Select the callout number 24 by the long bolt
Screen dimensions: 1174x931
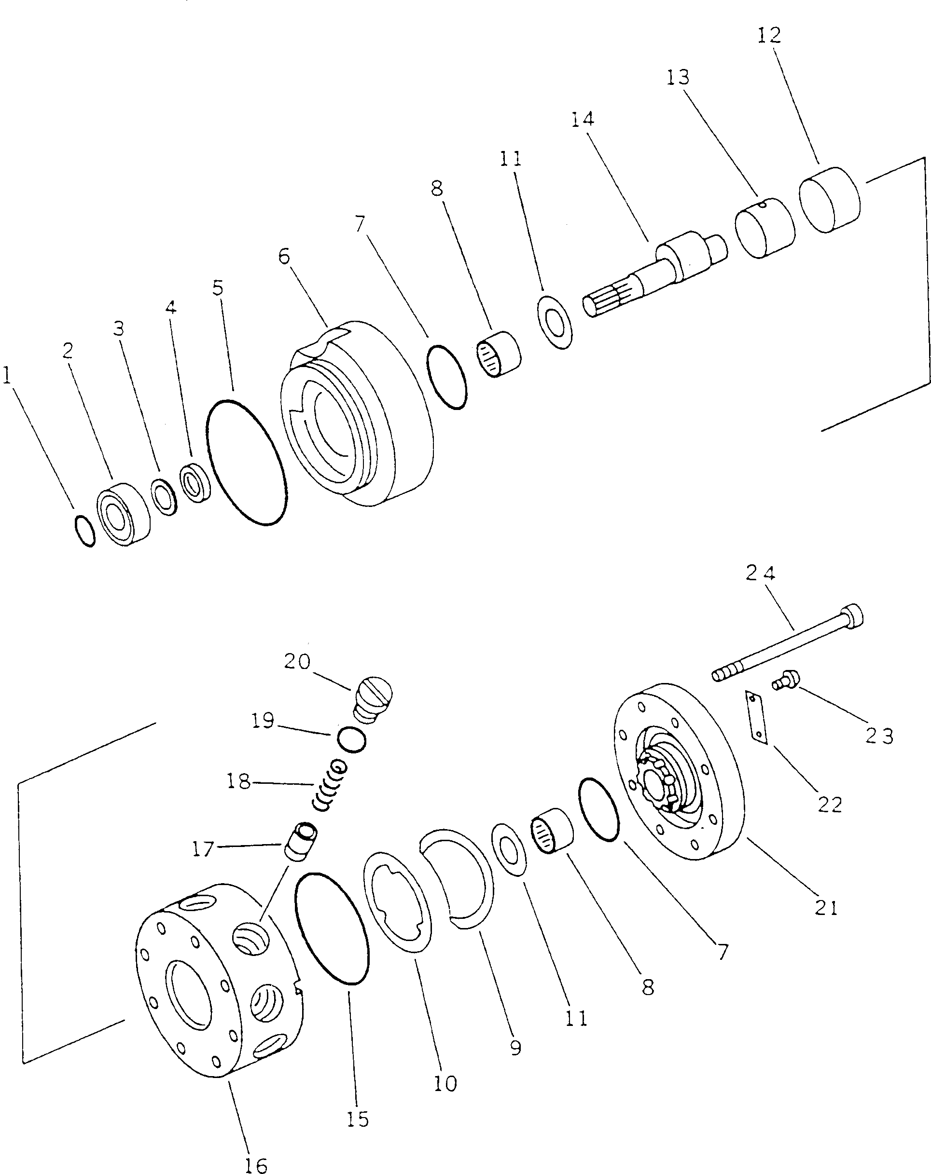(761, 573)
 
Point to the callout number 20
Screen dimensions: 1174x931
(297, 662)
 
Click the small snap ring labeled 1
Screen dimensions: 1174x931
(84, 531)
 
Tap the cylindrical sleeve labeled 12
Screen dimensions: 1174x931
(829, 200)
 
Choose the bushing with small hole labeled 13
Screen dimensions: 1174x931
(764, 227)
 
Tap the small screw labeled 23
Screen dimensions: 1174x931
(785, 681)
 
